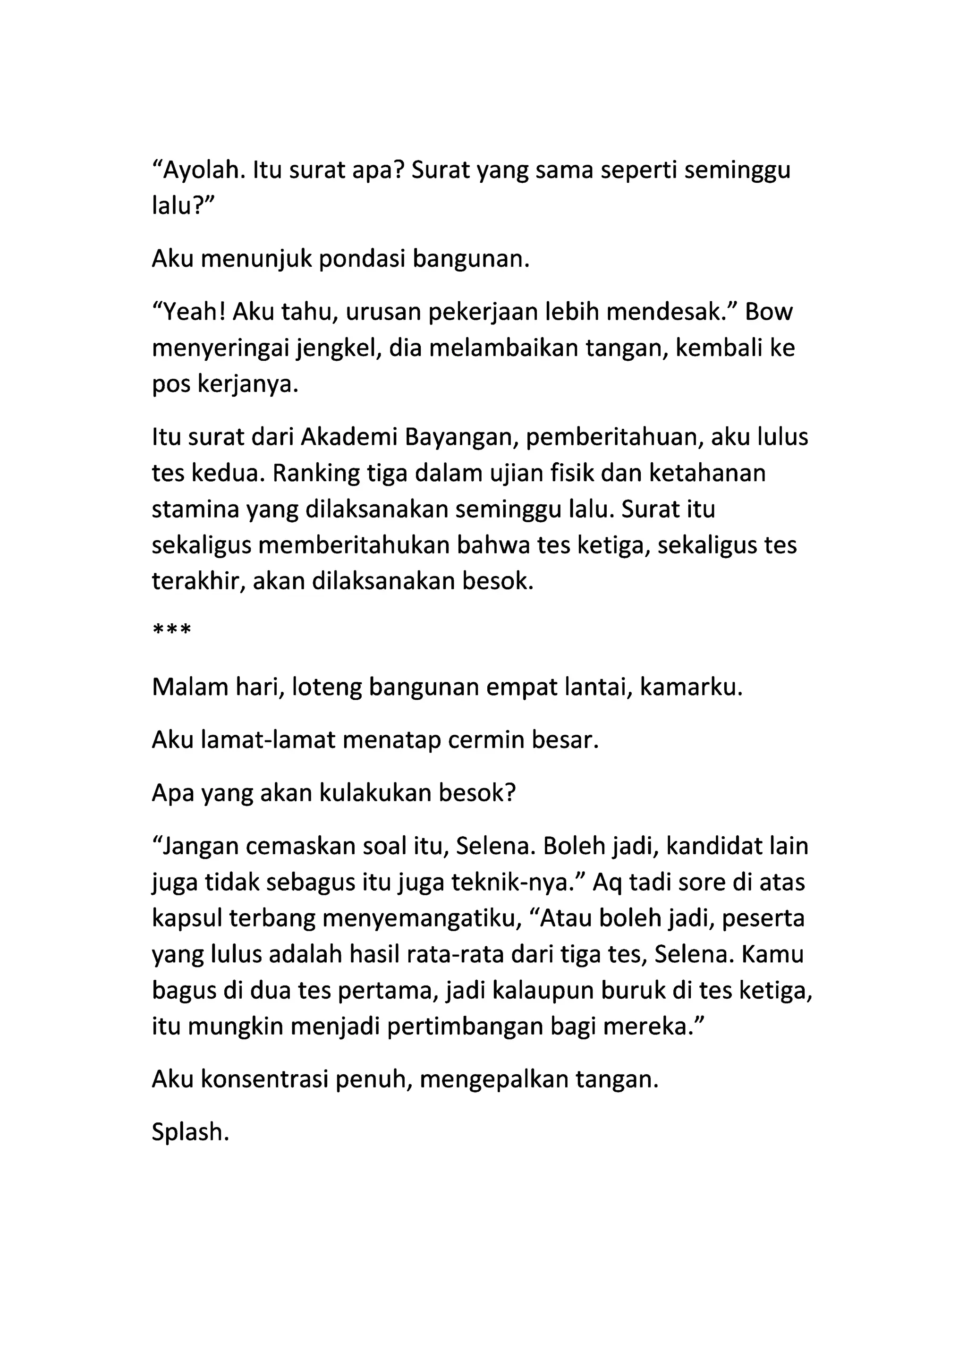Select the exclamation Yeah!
[189, 312]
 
